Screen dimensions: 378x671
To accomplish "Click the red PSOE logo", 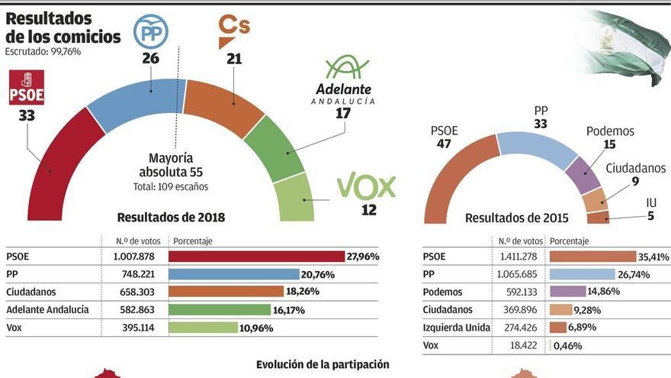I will [x=26, y=88].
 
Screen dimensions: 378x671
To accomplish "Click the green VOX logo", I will [x=367, y=186].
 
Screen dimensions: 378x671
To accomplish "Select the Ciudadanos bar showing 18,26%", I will [x=226, y=292].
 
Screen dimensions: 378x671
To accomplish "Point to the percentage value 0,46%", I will [x=567, y=345].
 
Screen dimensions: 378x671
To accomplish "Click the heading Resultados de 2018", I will [x=171, y=218].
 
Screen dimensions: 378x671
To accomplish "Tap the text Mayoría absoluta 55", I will [x=170, y=165].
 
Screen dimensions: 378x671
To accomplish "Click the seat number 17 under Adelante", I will [x=343, y=113].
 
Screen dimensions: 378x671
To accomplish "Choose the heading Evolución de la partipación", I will [x=323, y=364].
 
